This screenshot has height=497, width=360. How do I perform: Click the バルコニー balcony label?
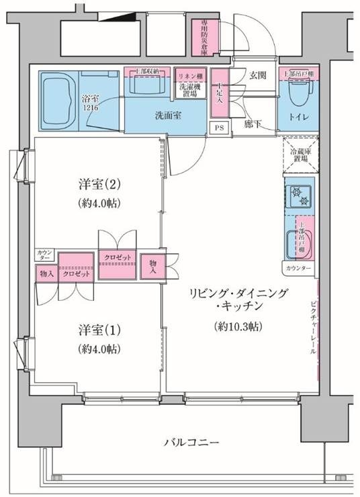(190, 443)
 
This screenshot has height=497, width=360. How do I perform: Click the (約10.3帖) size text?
(238, 326)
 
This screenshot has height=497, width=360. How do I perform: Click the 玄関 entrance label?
(259, 75)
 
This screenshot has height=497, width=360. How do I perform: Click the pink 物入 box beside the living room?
(153, 266)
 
